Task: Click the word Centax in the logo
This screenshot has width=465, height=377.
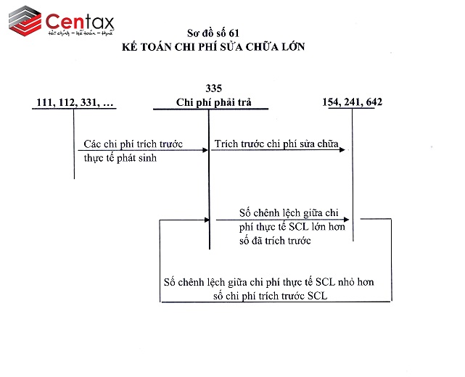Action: tap(79, 19)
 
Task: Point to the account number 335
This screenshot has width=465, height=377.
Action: tap(213, 88)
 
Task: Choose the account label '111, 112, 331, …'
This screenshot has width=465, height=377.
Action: tap(75, 102)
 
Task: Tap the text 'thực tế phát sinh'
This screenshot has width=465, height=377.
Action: tap(120, 157)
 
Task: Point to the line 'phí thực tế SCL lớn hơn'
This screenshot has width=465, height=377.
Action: tap(292, 227)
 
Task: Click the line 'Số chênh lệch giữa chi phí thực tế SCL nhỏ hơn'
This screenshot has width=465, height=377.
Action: tap(268, 281)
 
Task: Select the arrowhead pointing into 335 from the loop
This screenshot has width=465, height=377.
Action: tap(206, 219)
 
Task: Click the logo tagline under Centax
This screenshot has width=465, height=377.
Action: tap(80, 33)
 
